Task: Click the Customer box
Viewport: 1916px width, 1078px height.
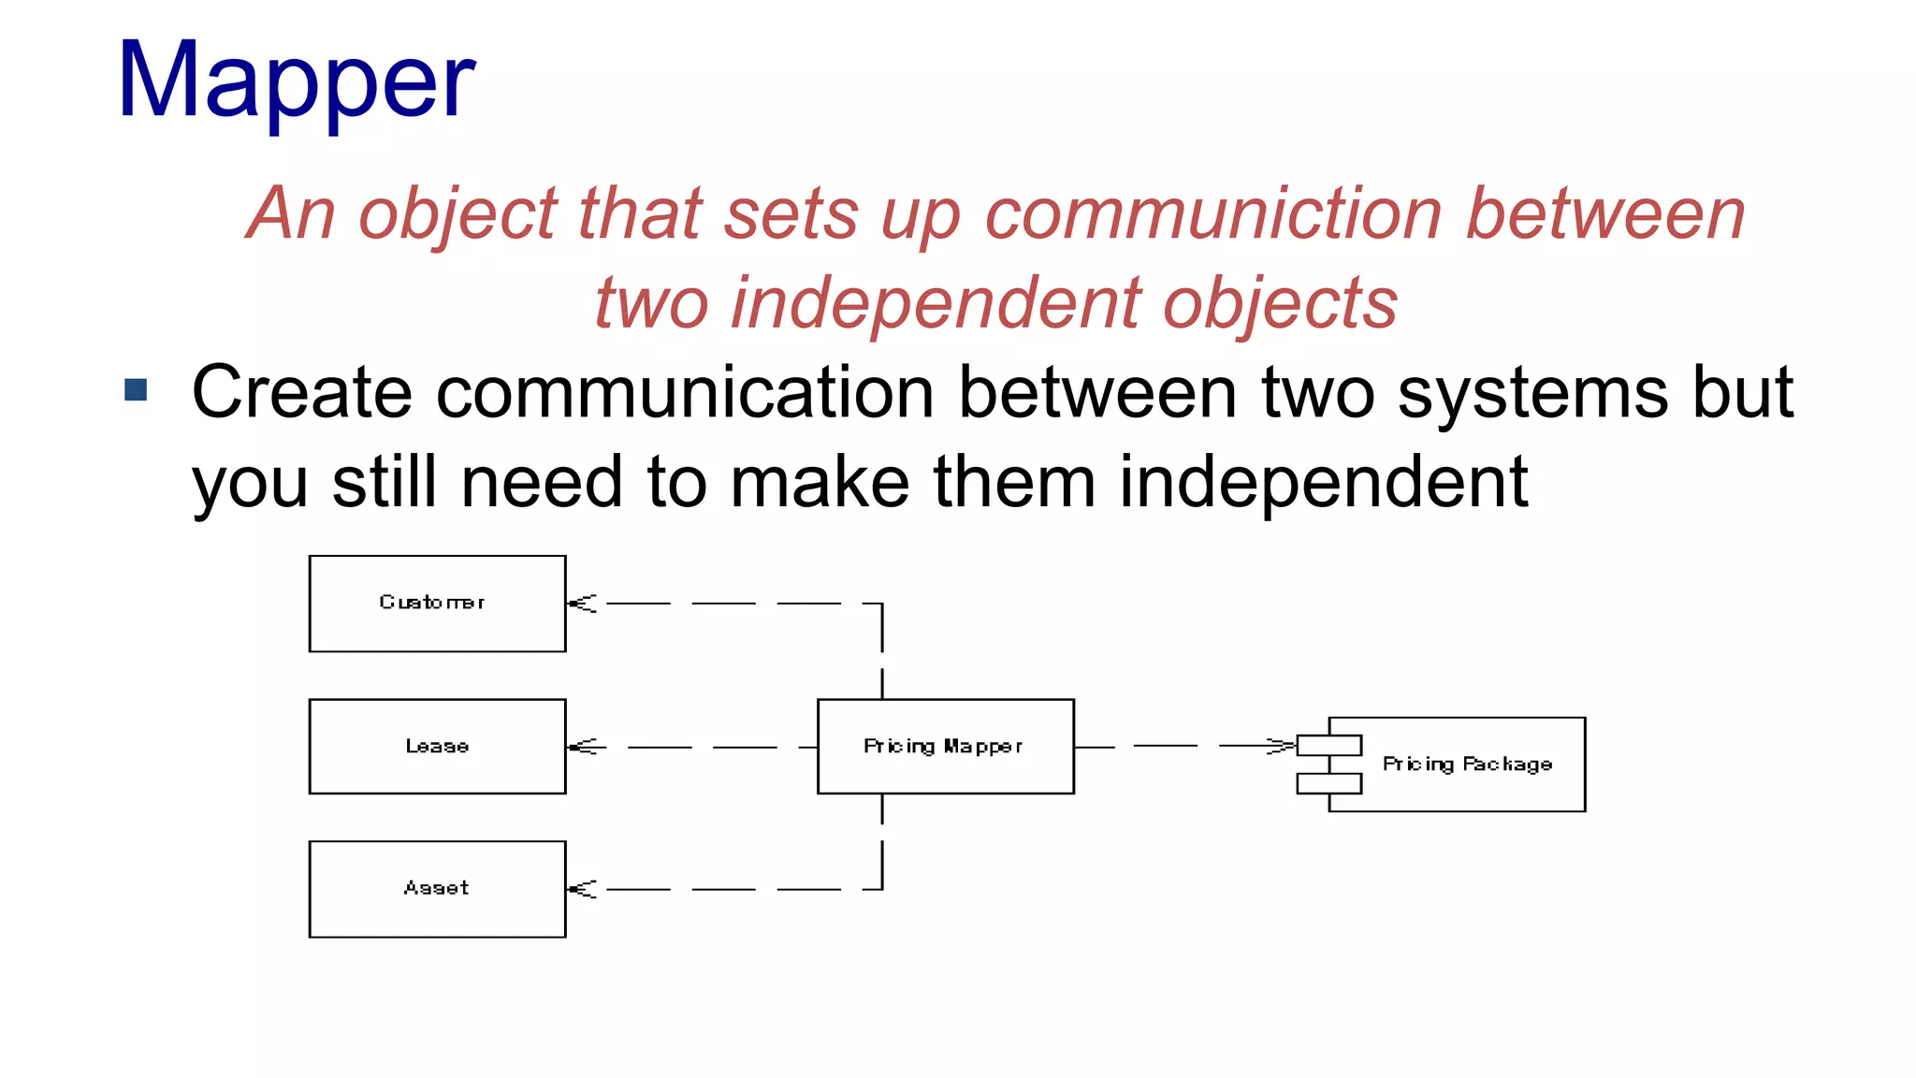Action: coord(437,604)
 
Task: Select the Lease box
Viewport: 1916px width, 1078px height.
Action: coord(437,747)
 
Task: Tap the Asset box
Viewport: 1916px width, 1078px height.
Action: coord(437,889)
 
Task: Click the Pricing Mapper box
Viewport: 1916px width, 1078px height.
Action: coord(945,747)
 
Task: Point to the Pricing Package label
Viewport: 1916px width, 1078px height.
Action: coord(1467,765)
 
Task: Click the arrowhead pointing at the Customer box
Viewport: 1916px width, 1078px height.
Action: coord(583,604)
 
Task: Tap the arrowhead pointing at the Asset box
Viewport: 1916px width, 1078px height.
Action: coord(583,889)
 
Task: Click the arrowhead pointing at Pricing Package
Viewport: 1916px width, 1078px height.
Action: coord(1280,746)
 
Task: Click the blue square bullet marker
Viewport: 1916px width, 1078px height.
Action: coord(136,389)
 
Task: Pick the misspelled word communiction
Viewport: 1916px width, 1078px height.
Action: coord(1213,214)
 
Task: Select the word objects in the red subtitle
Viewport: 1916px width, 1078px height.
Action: coord(1279,304)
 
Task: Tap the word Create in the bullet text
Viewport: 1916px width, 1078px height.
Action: coord(301,392)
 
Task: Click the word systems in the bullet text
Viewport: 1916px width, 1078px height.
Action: coord(1532,392)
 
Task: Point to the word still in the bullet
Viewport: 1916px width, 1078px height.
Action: coord(384,482)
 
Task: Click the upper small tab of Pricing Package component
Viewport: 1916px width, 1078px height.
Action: coord(1328,746)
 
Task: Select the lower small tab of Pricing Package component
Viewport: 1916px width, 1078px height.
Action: coord(1328,783)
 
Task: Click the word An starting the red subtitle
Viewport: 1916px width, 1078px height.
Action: coord(290,214)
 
